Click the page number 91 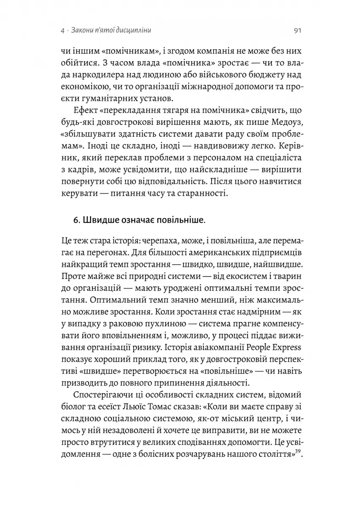pyautogui.click(x=297, y=31)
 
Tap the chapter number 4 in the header pyautogui.click(x=62, y=31)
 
